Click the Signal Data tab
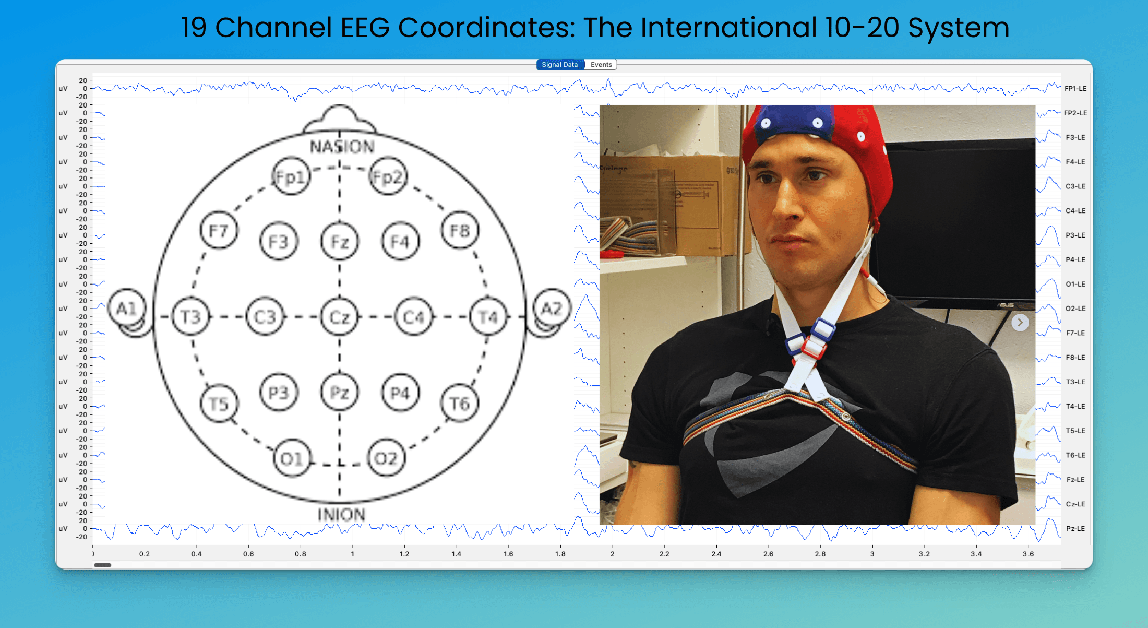point(559,65)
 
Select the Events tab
point(601,65)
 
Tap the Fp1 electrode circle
point(291,176)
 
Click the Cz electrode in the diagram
point(340,317)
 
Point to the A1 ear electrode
point(127,309)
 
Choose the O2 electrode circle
point(386,458)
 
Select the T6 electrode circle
point(459,404)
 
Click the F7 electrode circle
point(219,231)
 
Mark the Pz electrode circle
point(340,393)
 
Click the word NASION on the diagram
point(342,147)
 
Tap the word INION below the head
point(342,515)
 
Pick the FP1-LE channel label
point(1075,89)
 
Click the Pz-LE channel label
point(1075,529)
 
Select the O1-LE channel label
point(1075,285)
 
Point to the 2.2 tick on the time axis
point(664,554)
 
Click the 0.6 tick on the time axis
point(248,554)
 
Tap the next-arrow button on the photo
point(1020,323)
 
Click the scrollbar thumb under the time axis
point(103,565)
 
